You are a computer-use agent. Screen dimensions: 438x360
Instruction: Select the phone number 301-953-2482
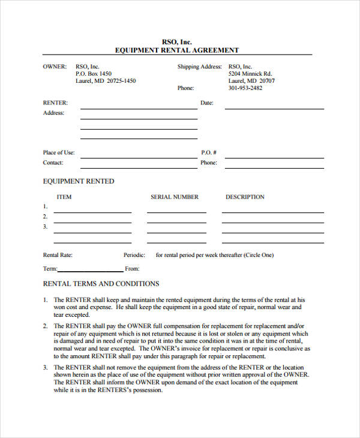point(245,88)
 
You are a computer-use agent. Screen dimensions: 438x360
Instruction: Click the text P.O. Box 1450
point(94,74)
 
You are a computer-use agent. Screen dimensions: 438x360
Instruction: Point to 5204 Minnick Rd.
point(250,74)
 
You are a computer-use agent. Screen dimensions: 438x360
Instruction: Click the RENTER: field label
point(55,103)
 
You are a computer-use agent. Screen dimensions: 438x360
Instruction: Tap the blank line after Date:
point(274,108)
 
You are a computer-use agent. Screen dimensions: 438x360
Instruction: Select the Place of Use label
point(59,152)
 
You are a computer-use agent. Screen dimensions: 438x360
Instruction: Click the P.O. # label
point(208,152)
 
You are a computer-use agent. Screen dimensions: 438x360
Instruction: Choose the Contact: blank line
point(139,167)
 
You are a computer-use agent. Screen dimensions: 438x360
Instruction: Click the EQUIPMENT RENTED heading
point(79,181)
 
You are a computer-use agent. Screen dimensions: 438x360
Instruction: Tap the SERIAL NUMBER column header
point(175,197)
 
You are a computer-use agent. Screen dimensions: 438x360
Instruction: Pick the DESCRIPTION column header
point(245,197)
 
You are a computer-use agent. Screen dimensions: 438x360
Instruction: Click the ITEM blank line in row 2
point(92,222)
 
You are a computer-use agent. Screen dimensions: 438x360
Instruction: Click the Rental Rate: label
point(58,255)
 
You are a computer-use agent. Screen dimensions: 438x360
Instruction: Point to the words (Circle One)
point(259,255)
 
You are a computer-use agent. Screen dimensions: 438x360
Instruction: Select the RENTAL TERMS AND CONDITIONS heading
point(101,284)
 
